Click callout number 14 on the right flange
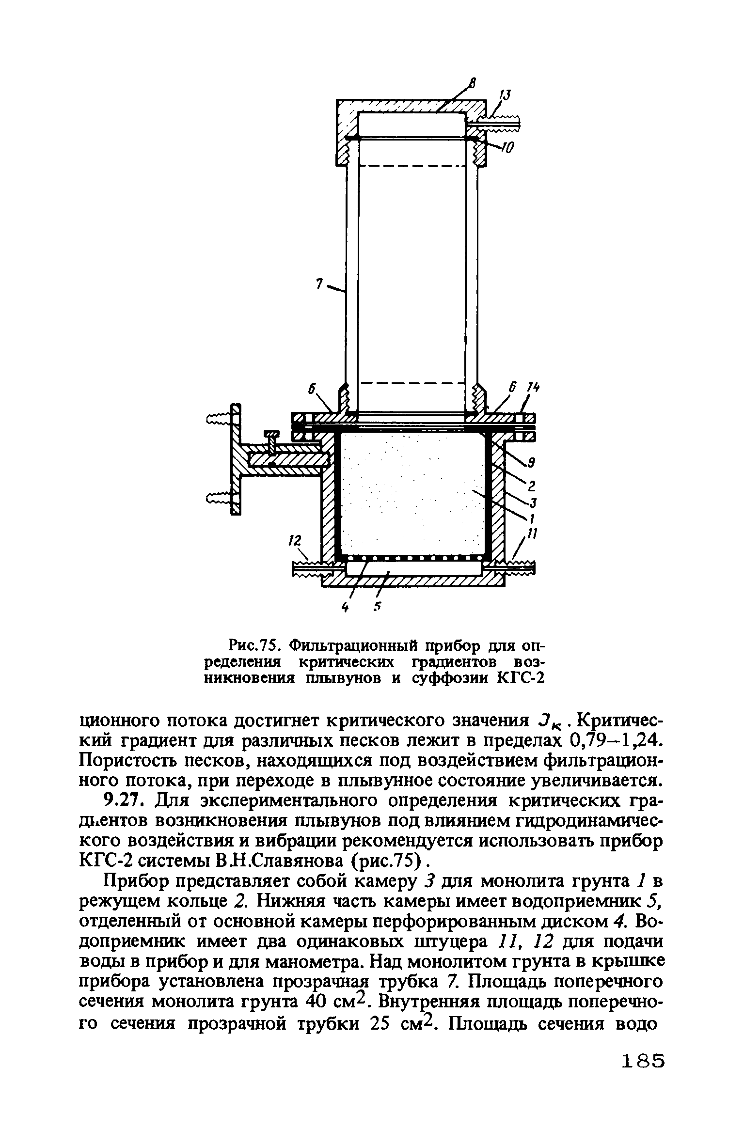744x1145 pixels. click(x=533, y=388)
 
